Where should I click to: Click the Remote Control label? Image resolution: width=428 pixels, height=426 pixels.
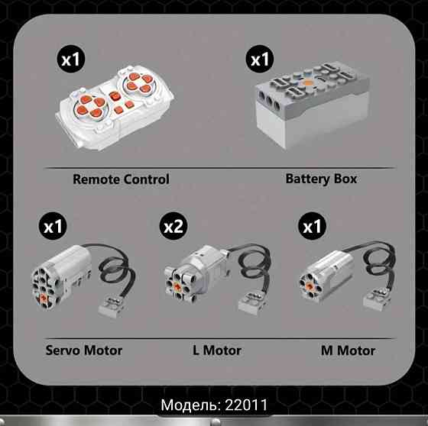(x=121, y=179)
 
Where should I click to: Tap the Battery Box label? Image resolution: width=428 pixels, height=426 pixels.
(x=321, y=179)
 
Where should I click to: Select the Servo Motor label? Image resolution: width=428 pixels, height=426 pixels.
(x=84, y=350)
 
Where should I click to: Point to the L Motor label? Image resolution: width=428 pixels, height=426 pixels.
(x=217, y=350)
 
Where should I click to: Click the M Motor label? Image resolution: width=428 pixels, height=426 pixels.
(x=348, y=350)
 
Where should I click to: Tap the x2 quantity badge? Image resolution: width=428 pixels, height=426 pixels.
(x=173, y=226)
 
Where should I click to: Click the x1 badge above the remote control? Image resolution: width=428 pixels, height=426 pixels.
(x=70, y=59)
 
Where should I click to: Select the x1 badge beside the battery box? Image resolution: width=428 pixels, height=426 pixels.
(x=260, y=59)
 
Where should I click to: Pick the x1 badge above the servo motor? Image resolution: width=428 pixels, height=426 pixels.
(x=53, y=226)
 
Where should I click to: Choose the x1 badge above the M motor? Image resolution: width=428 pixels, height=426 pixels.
(x=313, y=226)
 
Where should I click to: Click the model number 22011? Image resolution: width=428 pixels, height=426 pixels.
(x=246, y=405)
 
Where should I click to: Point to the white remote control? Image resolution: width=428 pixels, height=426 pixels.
(x=115, y=108)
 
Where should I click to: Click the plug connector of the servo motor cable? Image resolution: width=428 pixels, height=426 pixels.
(x=112, y=307)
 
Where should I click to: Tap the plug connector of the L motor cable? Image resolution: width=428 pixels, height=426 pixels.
(x=252, y=303)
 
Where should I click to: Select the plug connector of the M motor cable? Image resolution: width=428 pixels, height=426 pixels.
(x=377, y=299)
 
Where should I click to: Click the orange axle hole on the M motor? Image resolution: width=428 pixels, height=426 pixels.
(x=310, y=286)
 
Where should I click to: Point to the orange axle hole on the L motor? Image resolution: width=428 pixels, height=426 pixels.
(x=177, y=286)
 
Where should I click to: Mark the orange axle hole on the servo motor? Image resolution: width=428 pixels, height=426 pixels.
(x=44, y=299)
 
